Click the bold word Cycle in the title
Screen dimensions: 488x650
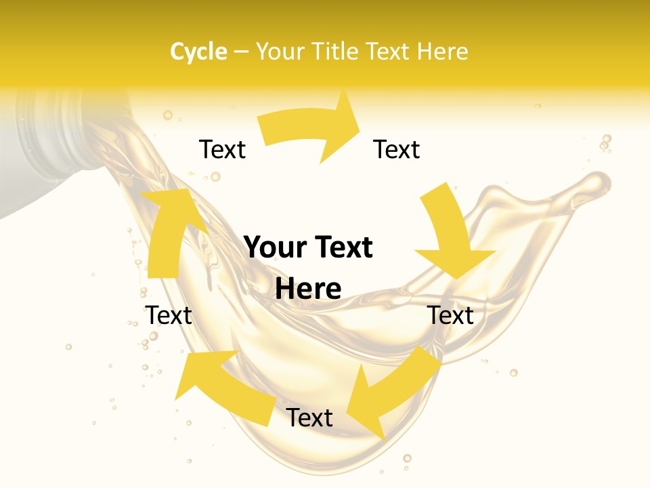click(198, 52)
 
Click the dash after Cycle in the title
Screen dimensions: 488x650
click(241, 52)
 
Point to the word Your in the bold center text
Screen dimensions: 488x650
click(274, 247)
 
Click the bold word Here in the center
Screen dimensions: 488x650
click(308, 289)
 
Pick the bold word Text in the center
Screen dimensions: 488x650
click(343, 247)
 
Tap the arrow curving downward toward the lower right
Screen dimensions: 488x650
click(450, 234)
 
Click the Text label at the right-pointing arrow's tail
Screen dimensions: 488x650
click(222, 149)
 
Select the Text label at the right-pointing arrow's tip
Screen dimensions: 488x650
click(397, 149)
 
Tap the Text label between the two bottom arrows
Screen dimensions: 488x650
click(309, 418)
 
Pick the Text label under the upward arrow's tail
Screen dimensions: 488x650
click(169, 315)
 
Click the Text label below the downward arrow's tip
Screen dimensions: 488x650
click(450, 315)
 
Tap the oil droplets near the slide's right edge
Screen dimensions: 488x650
click(605, 142)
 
